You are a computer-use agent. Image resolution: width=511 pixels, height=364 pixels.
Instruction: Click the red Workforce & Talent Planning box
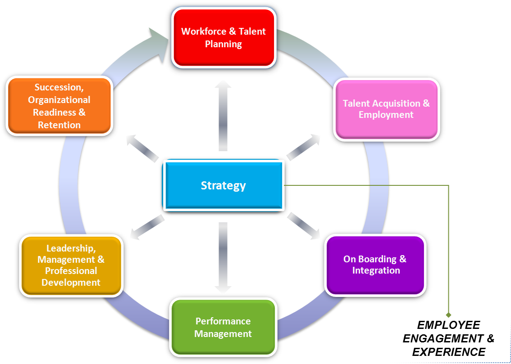[224, 38]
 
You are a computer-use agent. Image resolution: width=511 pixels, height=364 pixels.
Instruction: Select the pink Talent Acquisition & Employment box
[386, 109]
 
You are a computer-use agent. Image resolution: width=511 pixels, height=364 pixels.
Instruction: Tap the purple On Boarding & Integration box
[375, 265]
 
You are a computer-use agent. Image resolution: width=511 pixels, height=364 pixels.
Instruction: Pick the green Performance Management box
[223, 328]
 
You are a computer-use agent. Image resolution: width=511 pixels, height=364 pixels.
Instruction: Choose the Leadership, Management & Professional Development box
[71, 265]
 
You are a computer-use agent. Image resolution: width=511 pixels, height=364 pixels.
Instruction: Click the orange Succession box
[59, 106]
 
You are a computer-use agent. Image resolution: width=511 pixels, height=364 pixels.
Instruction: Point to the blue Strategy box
[223, 186]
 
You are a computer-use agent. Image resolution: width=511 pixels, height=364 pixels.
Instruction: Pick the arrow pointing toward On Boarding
[303, 225]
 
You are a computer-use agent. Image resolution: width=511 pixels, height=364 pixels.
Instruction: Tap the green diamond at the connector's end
[448, 315]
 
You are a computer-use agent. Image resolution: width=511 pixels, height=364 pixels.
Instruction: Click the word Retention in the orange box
[59, 125]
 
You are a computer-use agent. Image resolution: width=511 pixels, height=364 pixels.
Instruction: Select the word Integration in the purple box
[376, 270]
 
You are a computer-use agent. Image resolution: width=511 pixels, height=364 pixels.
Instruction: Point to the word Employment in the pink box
[386, 115]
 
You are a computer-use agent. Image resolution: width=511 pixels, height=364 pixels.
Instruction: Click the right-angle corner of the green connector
[448, 185]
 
